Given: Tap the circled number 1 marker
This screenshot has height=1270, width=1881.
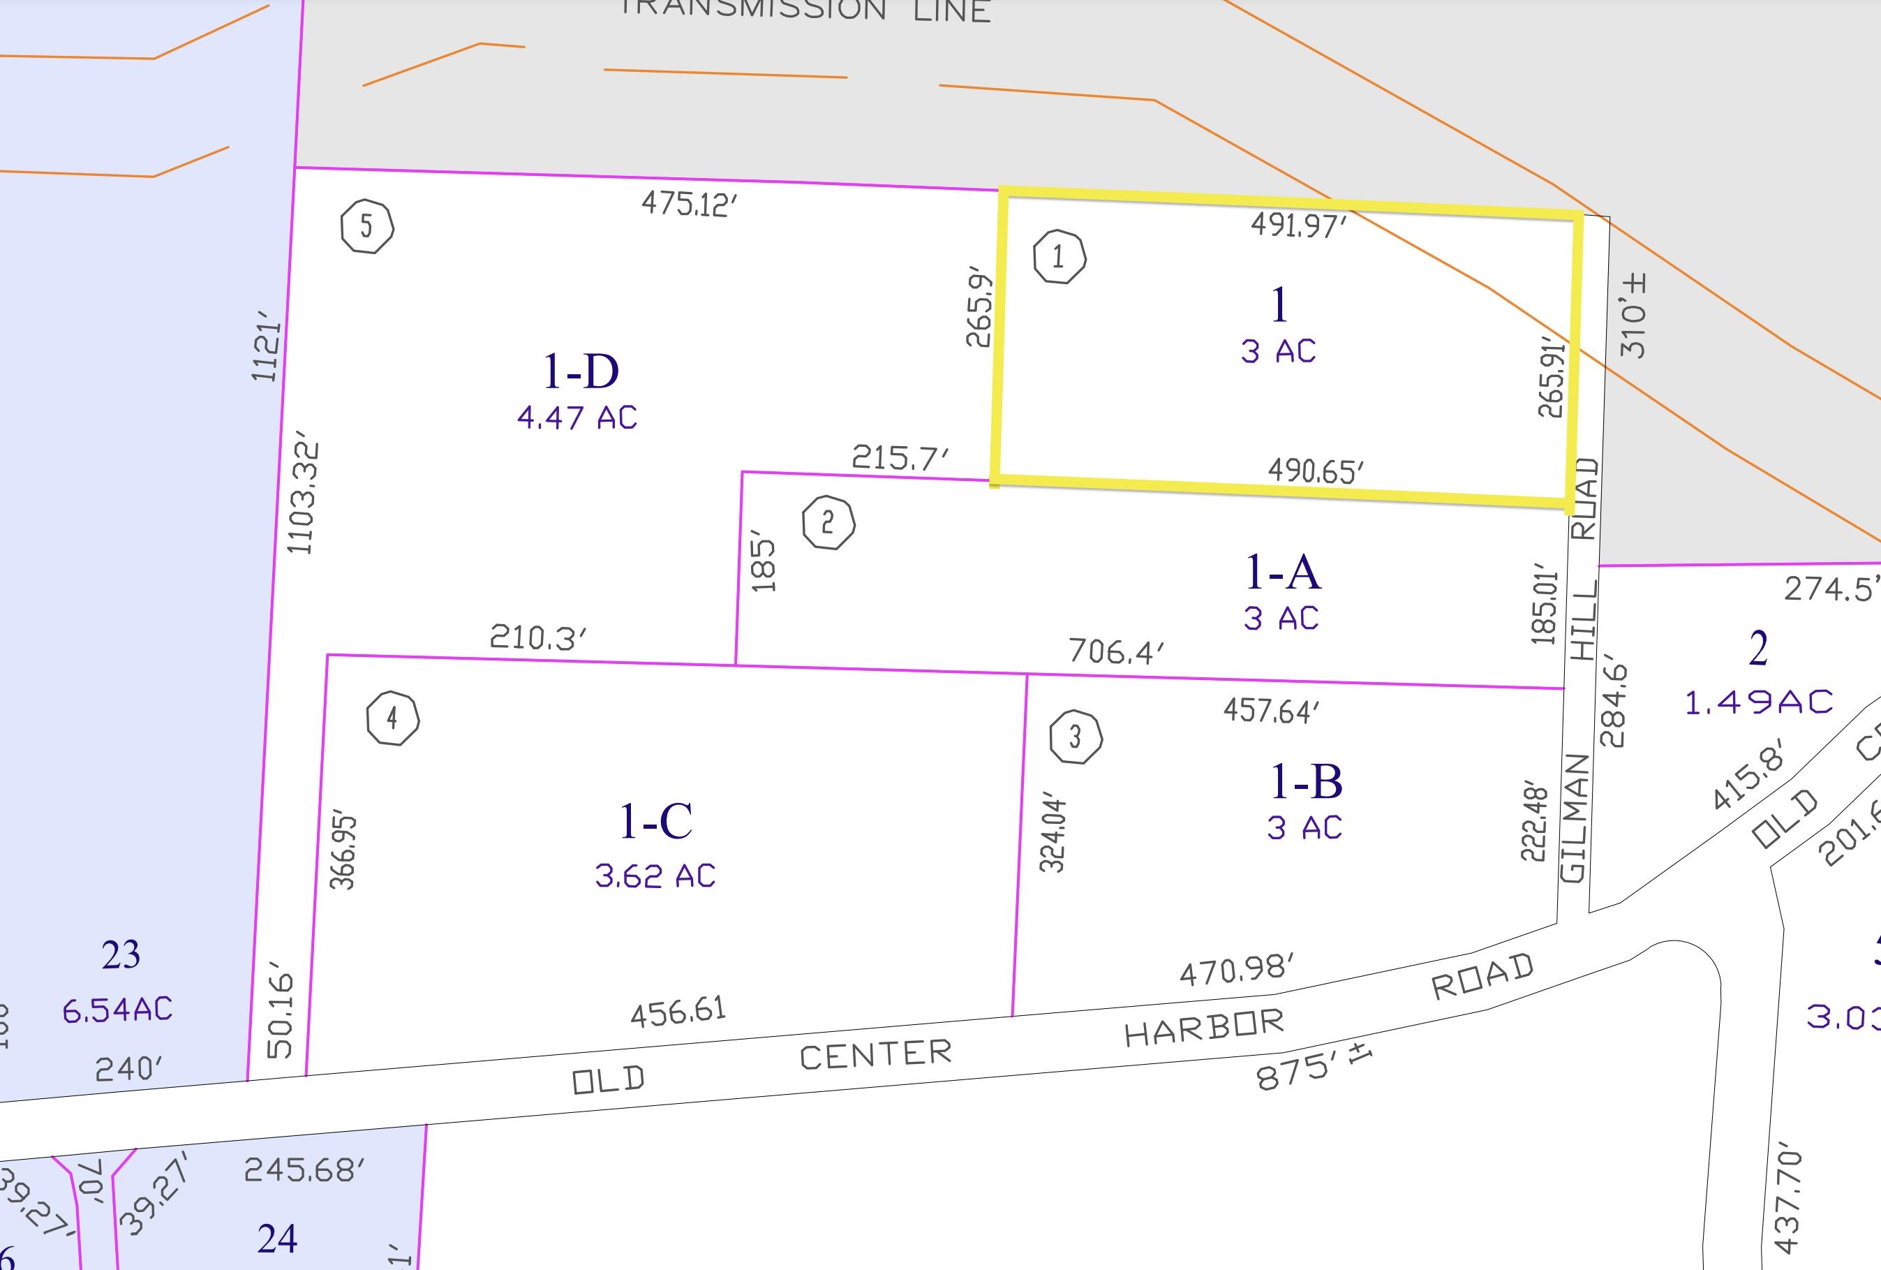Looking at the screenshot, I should pos(1060,258).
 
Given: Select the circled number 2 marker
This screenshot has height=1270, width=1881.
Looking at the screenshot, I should pos(828,523).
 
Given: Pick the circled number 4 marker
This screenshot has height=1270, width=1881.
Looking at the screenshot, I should pos(392,718).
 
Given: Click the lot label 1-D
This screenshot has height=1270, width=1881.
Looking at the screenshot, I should pos(580,371).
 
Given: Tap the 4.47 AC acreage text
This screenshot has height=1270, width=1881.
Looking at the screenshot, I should pos(577,418).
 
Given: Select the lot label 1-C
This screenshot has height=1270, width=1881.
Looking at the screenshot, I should pos(655,821).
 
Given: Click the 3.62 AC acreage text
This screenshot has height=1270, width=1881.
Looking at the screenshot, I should pos(655,876).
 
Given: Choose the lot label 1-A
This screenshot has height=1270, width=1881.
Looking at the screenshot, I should pos(1282,573).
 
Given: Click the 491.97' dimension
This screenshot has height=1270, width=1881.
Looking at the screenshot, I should pos(1298,225).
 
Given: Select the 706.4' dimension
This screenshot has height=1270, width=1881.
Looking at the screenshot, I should pos(1116,651).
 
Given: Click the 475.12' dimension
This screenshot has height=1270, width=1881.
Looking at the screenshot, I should pos(690,203).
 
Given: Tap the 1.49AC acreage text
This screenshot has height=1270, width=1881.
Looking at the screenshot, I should pos(1759,702).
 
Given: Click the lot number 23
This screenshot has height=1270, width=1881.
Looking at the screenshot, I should pos(121,955).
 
